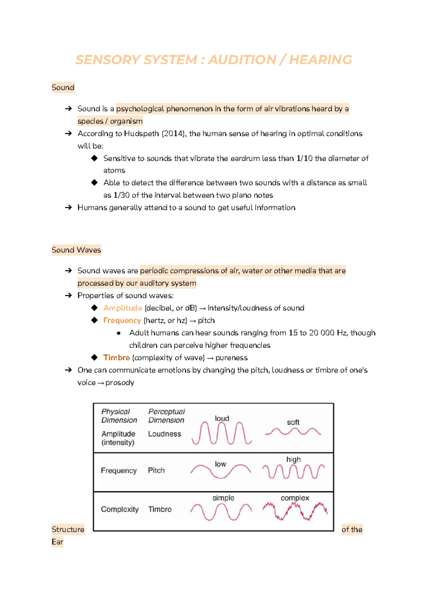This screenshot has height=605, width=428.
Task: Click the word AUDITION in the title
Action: (242, 60)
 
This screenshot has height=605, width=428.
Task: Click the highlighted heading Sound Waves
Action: (76, 250)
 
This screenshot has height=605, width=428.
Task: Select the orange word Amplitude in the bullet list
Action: (123, 308)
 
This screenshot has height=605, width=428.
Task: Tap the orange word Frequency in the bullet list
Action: (122, 320)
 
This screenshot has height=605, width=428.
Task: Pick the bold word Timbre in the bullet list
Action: (116, 357)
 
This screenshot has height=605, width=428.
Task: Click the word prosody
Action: (119, 382)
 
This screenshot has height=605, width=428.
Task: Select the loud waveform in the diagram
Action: (221, 433)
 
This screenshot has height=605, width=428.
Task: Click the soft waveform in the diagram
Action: (293, 432)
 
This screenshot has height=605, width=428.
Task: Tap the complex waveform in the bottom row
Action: (295, 511)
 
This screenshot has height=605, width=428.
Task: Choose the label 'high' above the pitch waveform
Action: (293, 459)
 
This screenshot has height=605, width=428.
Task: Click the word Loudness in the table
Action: (164, 434)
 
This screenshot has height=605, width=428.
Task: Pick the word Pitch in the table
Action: (156, 470)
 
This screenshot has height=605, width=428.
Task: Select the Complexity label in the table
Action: (119, 509)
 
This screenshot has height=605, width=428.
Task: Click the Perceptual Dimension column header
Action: (166, 416)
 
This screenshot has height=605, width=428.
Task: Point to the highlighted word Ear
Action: (57, 542)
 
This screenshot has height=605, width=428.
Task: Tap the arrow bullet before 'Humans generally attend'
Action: (68, 207)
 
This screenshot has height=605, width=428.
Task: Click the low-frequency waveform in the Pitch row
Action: (220, 471)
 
